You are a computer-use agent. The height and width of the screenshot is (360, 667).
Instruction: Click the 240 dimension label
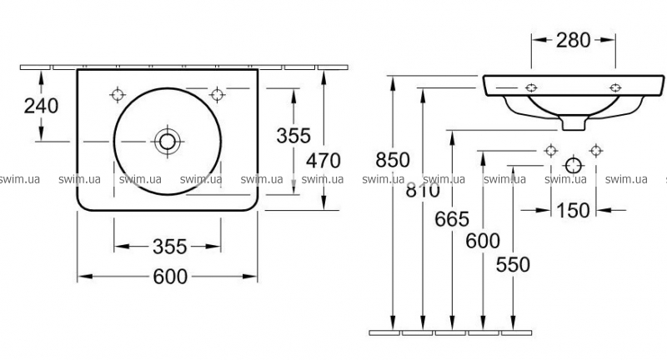[41, 106]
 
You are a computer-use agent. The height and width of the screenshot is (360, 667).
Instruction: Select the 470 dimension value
[323, 161]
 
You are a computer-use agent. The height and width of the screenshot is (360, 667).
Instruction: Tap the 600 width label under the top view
[170, 277]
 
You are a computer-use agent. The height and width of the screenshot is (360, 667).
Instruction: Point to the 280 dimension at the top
[574, 40]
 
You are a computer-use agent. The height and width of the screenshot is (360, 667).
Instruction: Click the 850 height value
[393, 160]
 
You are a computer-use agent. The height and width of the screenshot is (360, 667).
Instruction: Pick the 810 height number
[423, 190]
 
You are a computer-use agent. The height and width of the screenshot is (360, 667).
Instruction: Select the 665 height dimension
[452, 219]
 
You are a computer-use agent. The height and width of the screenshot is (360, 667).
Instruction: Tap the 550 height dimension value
[513, 265]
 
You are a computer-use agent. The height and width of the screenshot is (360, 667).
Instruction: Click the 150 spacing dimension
[573, 210]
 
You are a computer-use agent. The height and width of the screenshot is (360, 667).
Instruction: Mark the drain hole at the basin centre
[168, 142]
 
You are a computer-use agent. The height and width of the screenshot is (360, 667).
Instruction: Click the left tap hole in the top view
[118, 94]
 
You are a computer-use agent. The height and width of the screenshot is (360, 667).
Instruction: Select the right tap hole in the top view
[218, 94]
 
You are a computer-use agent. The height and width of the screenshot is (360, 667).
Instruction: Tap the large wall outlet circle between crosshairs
[574, 165]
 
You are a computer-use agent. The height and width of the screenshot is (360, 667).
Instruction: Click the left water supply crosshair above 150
[551, 151]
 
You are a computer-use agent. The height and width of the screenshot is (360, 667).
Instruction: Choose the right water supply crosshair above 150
[596, 151]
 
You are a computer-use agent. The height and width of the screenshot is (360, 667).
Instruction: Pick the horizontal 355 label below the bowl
[170, 247]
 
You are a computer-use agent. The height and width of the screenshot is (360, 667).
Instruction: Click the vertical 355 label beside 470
[293, 136]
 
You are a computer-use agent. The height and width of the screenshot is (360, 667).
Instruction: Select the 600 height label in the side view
[483, 241]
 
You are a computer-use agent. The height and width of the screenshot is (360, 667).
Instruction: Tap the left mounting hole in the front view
[531, 88]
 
